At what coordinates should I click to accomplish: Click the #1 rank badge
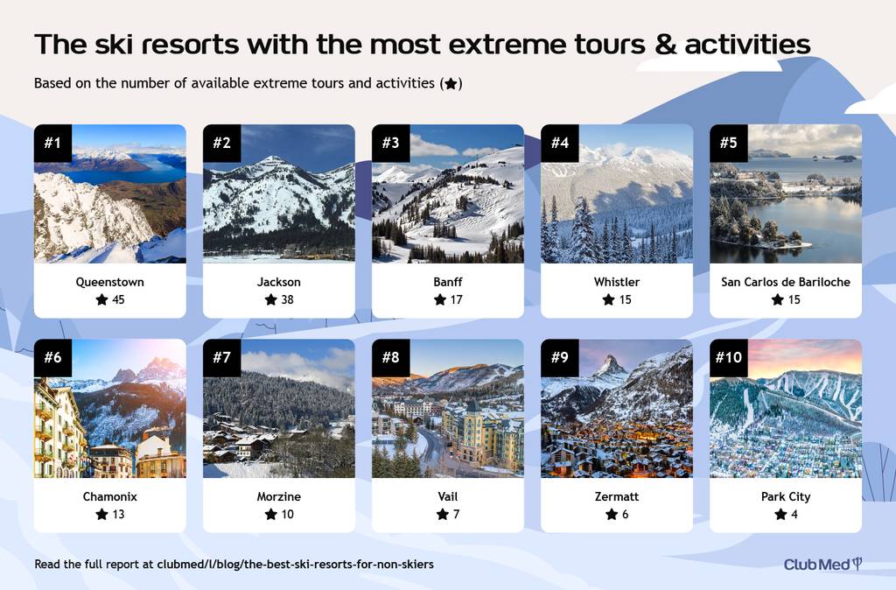point(52,143)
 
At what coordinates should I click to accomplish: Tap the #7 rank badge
point(221,358)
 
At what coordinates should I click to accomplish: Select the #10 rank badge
point(729,358)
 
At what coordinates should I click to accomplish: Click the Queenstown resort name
point(109,282)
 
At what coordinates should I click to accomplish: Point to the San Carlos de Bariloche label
point(785,282)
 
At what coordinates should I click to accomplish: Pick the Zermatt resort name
point(617,496)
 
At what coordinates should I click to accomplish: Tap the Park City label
point(786,497)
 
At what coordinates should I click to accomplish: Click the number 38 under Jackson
point(287,299)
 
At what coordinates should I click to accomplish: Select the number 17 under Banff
point(456,299)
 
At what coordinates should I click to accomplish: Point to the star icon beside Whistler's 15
point(609,299)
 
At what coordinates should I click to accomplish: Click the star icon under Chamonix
point(101,514)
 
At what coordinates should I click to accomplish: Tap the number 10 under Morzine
point(287,514)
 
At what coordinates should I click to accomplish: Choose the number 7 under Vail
point(456,514)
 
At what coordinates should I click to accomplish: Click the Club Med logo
point(822,565)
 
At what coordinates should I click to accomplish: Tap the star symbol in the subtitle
point(451,84)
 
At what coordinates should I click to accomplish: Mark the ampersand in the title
point(665,45)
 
